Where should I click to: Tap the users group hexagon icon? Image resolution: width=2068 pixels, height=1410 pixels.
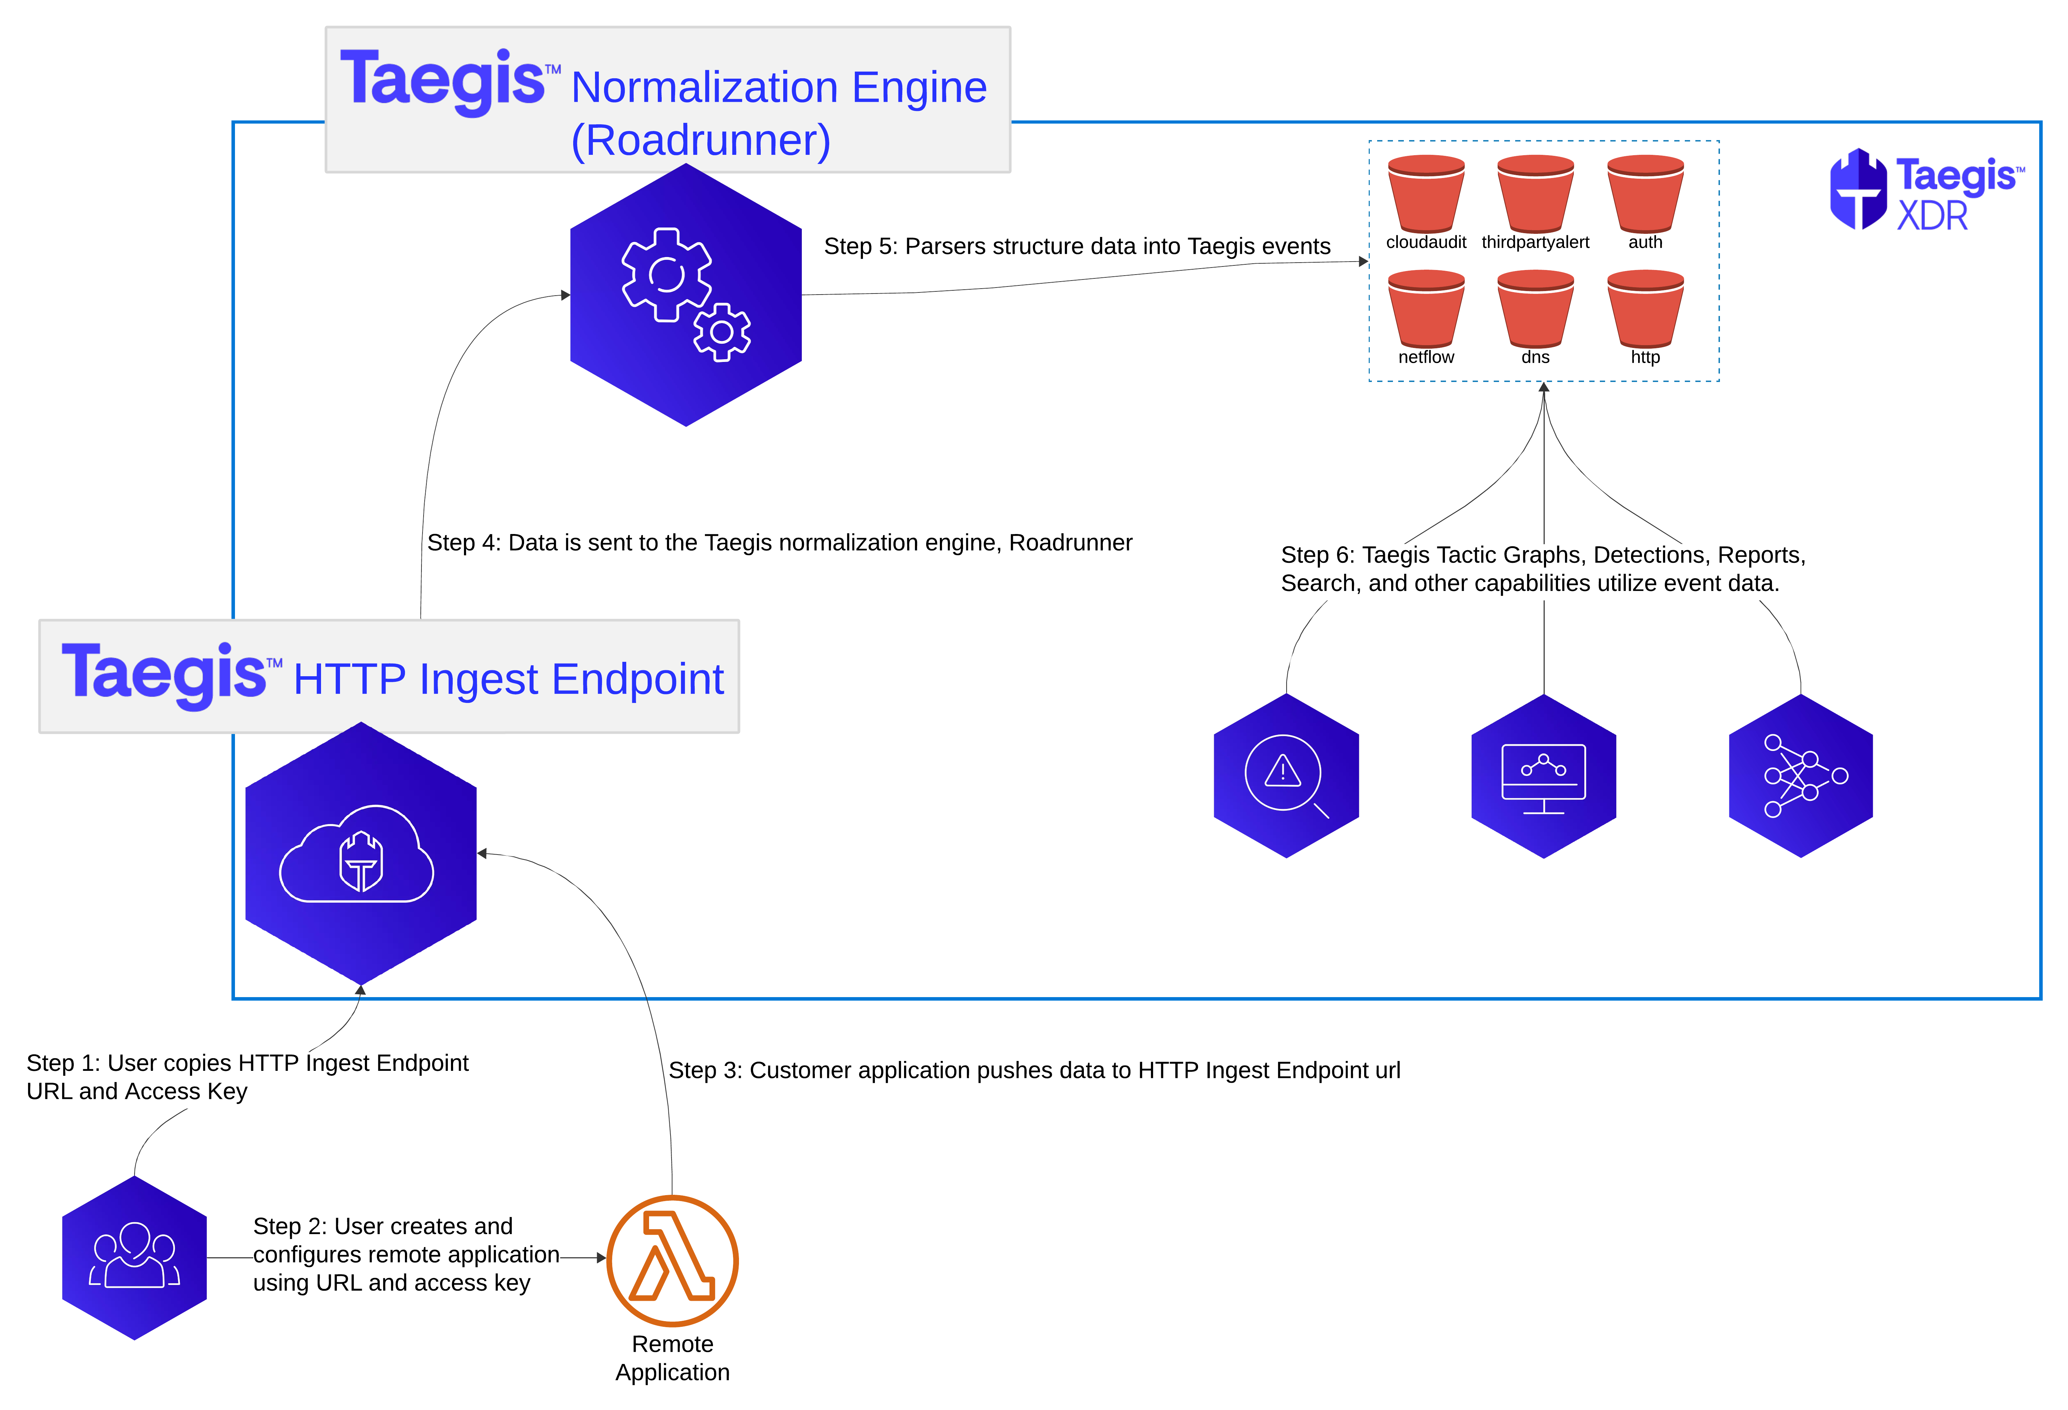135,1257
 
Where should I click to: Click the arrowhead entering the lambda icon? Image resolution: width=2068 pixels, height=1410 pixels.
602,1258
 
